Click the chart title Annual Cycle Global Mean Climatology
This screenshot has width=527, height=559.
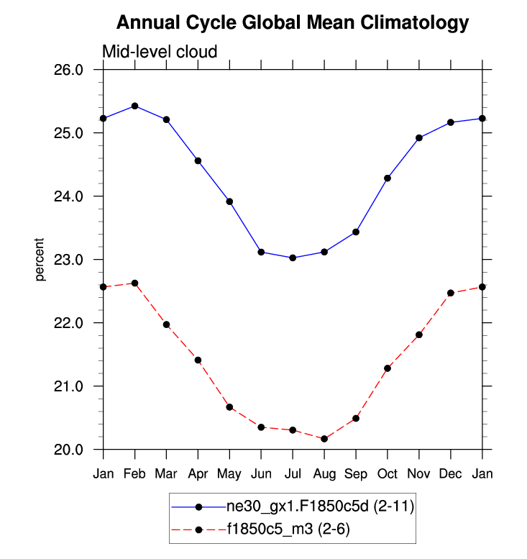click(293, 23)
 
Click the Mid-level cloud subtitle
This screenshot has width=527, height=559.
click(160, 51)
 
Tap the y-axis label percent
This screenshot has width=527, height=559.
click(40, 260)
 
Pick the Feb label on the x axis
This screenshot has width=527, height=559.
click(134, 474)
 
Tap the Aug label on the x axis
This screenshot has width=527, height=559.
click(324, 474)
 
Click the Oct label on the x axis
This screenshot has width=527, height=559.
click(388, 474)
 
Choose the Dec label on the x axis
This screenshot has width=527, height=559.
click(451, 474)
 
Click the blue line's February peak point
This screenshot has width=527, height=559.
click(134, 106)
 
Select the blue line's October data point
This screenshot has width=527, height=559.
click(388, 178)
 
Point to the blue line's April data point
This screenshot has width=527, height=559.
click(198, 160)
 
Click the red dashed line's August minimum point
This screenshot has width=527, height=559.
click(324, 439)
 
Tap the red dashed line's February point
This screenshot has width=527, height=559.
click(134, 283)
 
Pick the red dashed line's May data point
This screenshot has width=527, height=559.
click(229, 407)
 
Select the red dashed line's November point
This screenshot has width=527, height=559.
click(419, 335)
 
